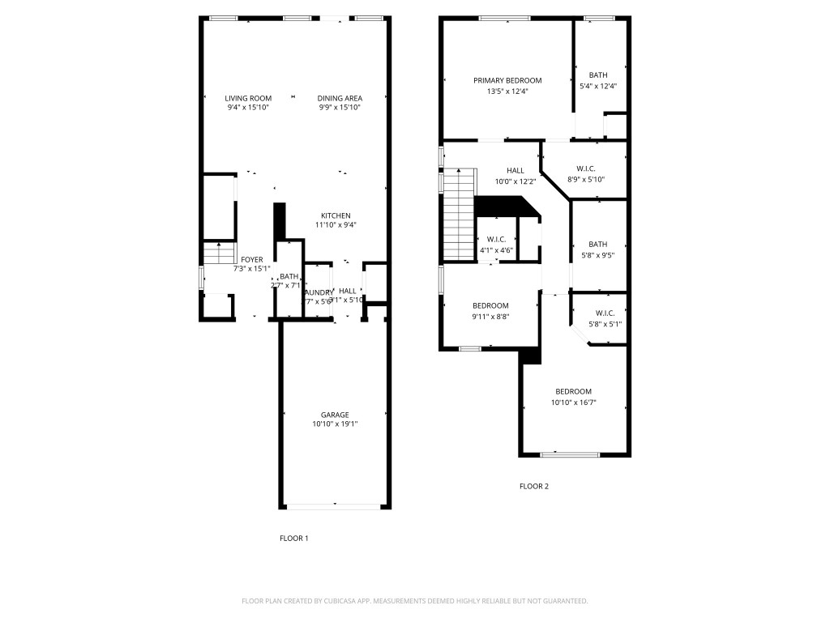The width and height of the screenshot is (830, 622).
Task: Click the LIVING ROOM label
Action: [x=248, y=98]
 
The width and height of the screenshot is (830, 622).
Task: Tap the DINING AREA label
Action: [x=340, y=98]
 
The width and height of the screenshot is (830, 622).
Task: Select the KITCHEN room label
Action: [x=336, y=215]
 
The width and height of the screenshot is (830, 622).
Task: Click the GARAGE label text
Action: [x=335, y=415]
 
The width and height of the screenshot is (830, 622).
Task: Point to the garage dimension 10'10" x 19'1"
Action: [x=335, y=424]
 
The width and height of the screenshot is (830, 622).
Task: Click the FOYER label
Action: [x=251, y=259]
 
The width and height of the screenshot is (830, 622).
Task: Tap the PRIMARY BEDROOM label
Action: [x=507, y=80]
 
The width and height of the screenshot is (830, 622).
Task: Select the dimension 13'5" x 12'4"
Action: [x=507, y=91]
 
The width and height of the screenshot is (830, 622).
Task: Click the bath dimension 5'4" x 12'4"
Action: [x=598, y=86]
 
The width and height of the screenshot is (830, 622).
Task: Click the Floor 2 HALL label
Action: [x=516, y=171]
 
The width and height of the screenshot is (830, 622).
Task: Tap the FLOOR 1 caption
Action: [x=293, y=539]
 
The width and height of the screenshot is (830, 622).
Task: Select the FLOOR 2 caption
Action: [x=534, y=487]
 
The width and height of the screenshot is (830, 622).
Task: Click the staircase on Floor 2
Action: [x=459, y=215]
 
